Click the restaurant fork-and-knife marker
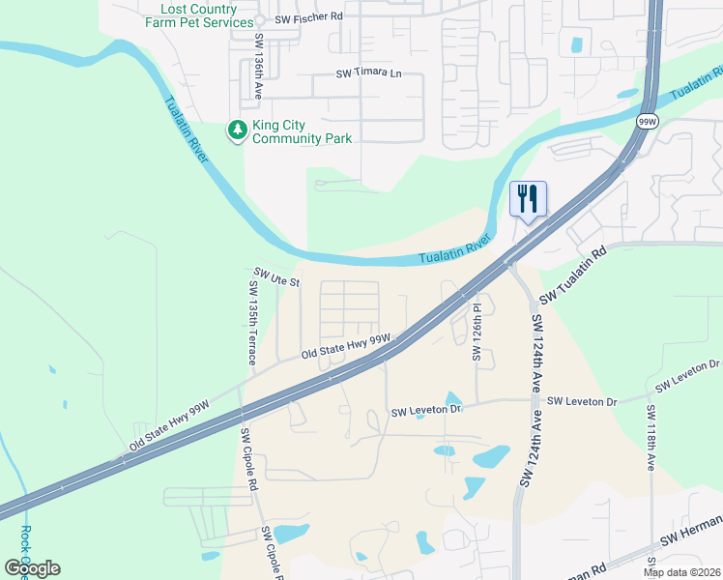[x=528, y=199]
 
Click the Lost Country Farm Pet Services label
[x=199, y=15]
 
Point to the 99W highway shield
[x=647, y=122]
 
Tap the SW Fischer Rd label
[x=309, y=17]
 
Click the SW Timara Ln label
[x=368, y=73]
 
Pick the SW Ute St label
[x=278, y=278]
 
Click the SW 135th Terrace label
[x=251, y=323]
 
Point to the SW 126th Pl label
[x=477, y=332]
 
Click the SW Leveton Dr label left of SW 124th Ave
[x=428, y=412]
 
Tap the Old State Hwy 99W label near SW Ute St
[x=345, y=347]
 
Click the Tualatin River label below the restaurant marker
[x=455, y=253]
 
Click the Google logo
[x=32, y=568]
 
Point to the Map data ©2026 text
[x=681, y=572]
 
